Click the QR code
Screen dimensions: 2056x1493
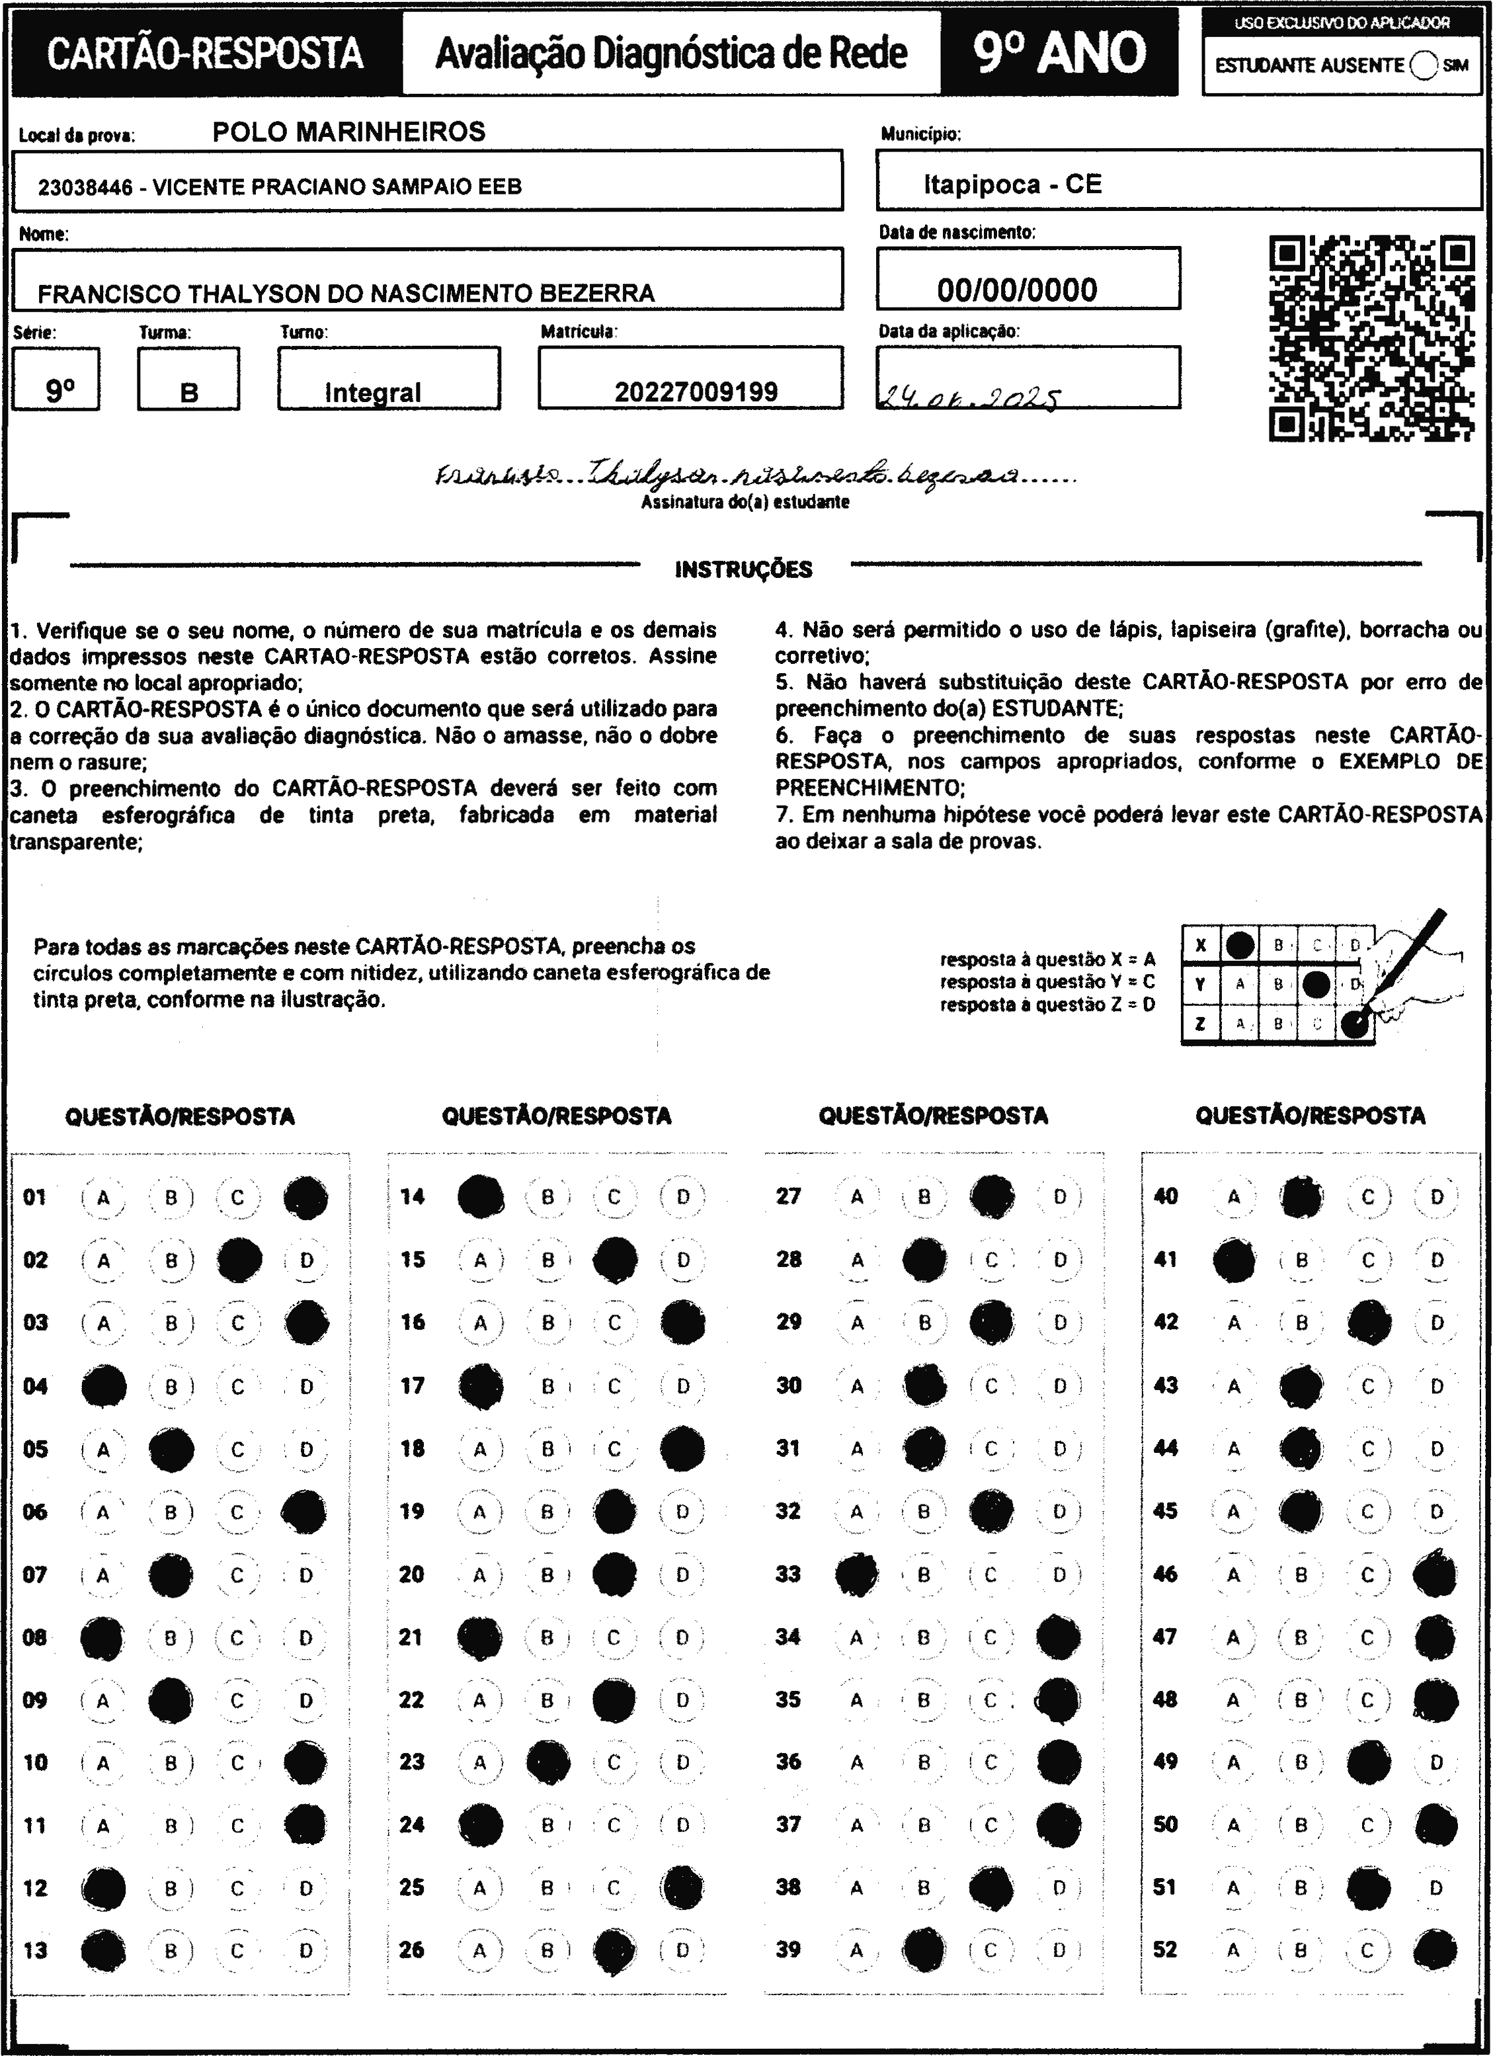(x=1371, y=337)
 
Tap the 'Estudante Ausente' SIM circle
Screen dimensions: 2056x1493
(x=1424, y=65)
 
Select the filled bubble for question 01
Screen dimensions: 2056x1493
(x=305, y=1196)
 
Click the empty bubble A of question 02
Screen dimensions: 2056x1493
(x=103, y=1260)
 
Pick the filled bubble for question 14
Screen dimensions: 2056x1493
(x=481, y=1196)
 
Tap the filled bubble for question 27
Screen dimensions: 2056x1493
(x=992, y=1196)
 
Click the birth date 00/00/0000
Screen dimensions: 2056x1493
(x=1016, y=290)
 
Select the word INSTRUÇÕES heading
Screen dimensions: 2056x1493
(x=743, y=569)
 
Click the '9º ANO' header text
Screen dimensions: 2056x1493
(x=1059, y=53)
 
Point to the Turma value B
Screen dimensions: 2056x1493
(x=188, y=393)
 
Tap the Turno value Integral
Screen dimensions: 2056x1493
(x=372, y=393)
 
